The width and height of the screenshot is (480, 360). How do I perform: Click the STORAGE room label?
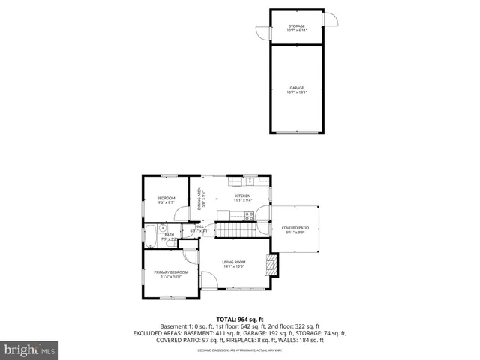point(297,25)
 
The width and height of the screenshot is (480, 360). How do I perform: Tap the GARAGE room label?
point(297,88)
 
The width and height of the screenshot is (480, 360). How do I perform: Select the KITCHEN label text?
point(241,196)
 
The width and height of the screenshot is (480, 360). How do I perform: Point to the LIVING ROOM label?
point(234,261)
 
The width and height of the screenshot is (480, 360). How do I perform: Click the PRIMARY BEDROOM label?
point(171,271)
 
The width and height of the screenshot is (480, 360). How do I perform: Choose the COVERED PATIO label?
point(295,227)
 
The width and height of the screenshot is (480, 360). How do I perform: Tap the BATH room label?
point(169,235)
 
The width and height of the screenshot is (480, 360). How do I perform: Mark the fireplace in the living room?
point(271,264)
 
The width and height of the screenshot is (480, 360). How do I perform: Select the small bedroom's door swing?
point(181,213)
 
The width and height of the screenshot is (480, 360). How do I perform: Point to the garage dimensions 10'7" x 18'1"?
point(297,93)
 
